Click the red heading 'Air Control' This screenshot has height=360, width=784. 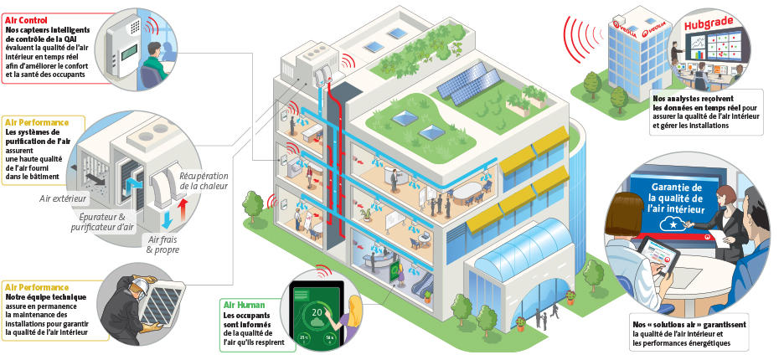click(x=27, y=20)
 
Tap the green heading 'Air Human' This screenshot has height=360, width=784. click(x=245, y=305)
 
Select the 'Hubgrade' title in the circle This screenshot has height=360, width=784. click(x=709, y=22)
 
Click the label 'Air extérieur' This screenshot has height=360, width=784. click(x=63, y=199)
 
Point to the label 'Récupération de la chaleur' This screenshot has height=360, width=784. click(x=204, y=181)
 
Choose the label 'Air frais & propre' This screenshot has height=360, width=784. click(x=162, y=244)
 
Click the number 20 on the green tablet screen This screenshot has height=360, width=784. click(x=317, y=313)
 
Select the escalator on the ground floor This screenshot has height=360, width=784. click(x=421, y=284)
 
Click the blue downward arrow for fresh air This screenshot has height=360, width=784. click(x=167, y=220)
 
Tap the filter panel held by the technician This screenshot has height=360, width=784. click(x=162, y=304)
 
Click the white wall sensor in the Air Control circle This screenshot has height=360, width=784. click(x=122, y=46)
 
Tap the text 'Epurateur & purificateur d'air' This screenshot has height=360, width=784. click(x=102, y=222)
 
